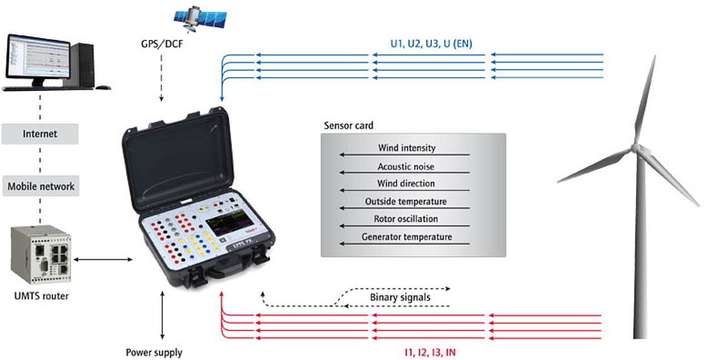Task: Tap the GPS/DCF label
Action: click(x=161, y=44)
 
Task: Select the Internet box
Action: click(x=39, y=133)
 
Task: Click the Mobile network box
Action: click(x=41, y=186)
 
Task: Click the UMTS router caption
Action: click(x=41, y=296)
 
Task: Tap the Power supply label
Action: click(x=154, y=352)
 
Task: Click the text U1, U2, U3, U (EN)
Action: click(x=431, y=44)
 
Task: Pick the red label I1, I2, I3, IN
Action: click(x=430, y=352)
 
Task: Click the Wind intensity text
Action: click(x=407, y=148)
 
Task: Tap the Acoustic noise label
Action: click(x=406, y=166)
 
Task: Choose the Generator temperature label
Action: click(x=407, y=237)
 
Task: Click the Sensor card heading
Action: click(x=348, y=126)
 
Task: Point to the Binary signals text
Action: click(x=400, y=297)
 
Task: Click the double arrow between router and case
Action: click(x=104, y=260)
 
